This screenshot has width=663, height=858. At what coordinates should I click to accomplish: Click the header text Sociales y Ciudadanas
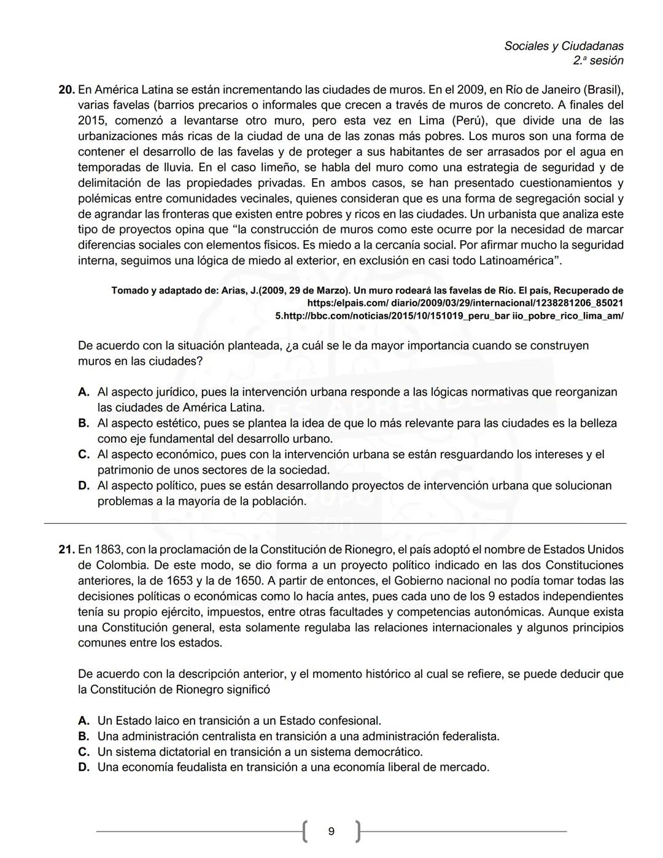click(564, 46)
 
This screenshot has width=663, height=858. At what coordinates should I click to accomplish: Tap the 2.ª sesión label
click(598, 61)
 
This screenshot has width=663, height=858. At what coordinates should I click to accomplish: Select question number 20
click(66, 90)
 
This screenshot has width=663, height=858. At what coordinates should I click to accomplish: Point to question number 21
click(66, 550)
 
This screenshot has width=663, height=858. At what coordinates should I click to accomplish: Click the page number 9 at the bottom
click(331, 832)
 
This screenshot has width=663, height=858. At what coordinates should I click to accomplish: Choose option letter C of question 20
click(83, 454)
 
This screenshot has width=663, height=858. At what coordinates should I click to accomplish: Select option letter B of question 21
click(83, 736)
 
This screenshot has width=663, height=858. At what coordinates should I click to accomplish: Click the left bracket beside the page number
click(304, 832)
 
